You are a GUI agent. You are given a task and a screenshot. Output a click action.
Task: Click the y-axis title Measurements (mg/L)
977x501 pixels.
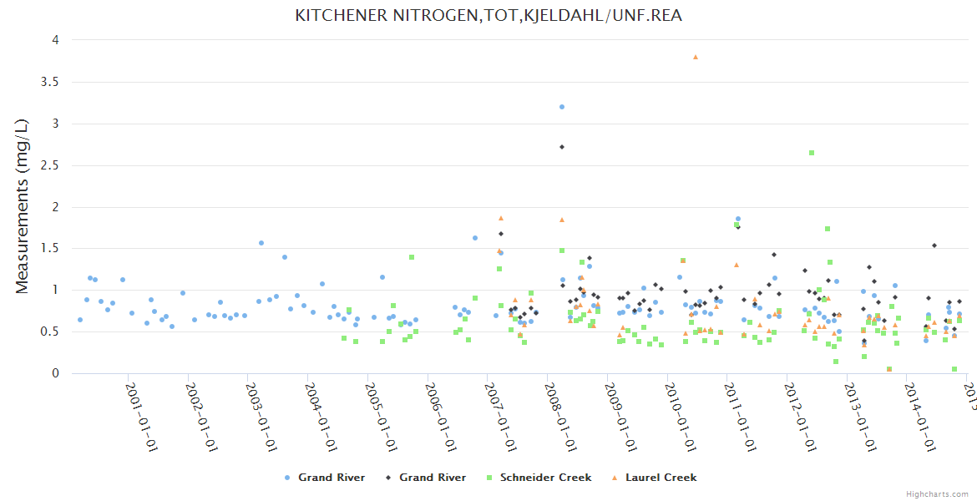(23, 206)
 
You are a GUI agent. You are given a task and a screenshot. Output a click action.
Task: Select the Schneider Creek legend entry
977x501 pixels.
(545, 478)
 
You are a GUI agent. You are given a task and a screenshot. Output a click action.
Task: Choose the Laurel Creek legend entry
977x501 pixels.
(661, 478)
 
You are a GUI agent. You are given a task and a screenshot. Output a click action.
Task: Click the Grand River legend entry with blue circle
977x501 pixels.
(332, 478)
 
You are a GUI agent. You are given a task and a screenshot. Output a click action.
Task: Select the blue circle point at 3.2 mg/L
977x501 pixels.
(562, 107)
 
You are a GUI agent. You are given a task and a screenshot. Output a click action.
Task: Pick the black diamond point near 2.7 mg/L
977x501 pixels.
(562, 147)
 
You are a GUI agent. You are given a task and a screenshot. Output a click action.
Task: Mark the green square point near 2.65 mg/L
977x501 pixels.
(812, 153)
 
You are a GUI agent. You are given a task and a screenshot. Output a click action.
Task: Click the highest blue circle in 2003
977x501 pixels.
(261, 243)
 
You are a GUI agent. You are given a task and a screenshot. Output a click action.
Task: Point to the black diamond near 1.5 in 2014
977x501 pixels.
(934, 245)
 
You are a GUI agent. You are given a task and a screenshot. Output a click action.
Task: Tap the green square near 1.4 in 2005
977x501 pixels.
(412, 257)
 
